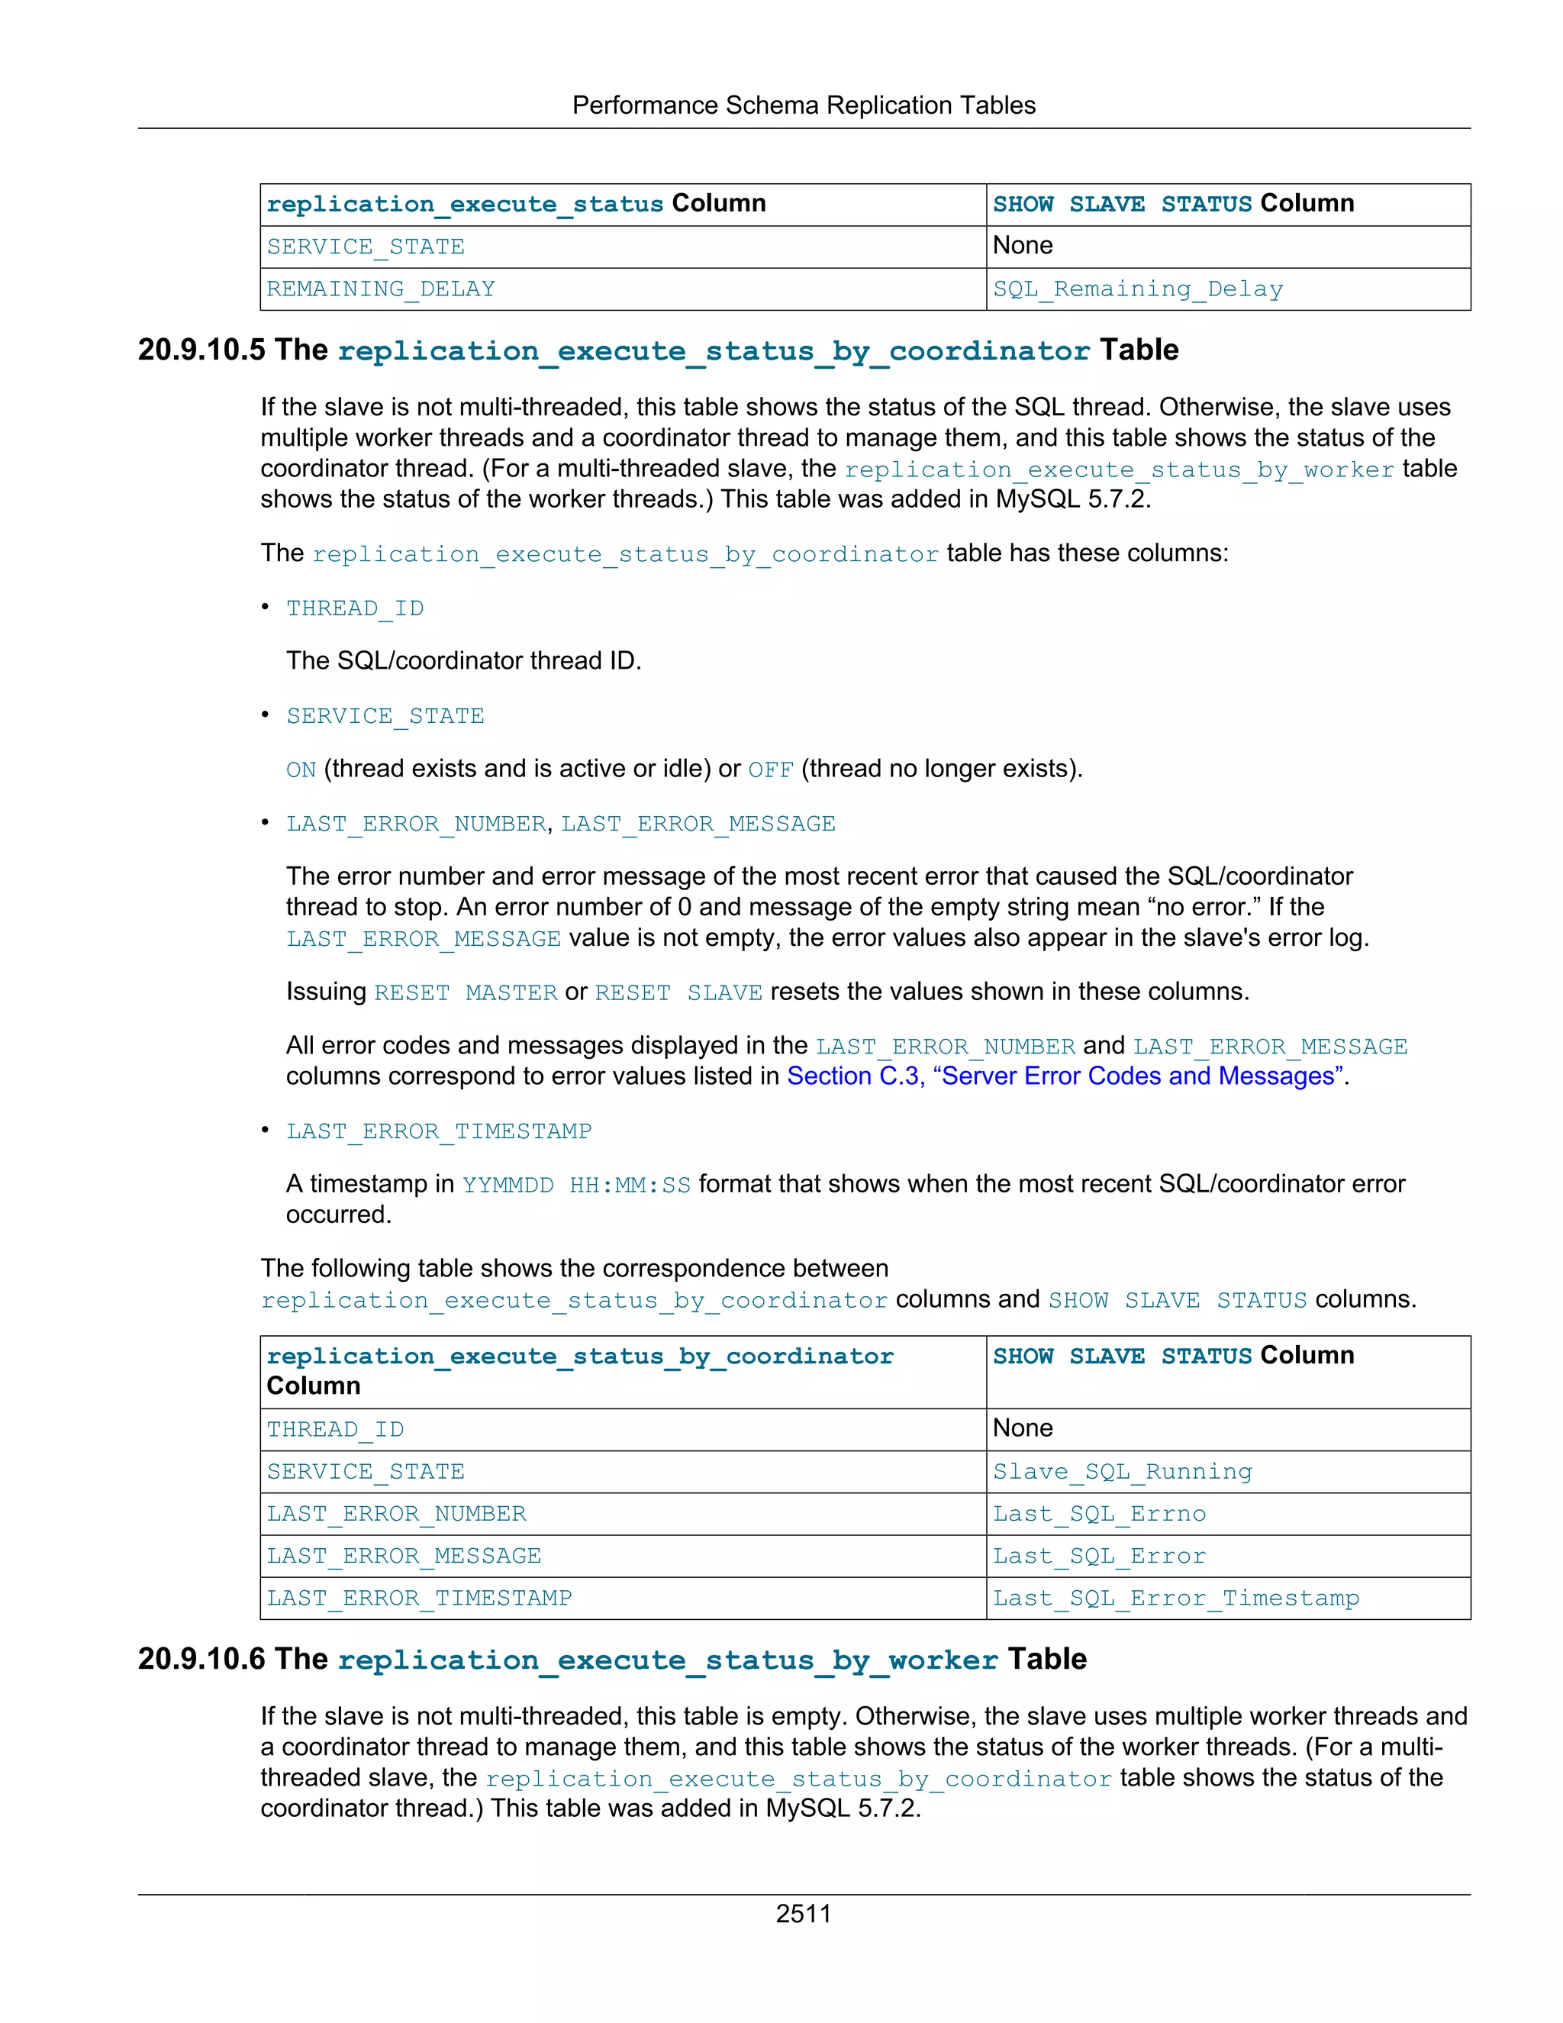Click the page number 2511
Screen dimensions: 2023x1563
click(803, 1913)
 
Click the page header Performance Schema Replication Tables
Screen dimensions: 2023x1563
click(803, 105)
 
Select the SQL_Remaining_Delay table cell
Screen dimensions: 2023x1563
click(1137, 289)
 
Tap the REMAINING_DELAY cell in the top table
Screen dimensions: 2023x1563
click(381, 289)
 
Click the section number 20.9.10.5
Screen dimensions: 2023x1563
click(201, 350)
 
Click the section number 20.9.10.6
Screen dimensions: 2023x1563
click(201, 1659)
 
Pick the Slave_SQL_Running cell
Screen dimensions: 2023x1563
click(1121, 1471)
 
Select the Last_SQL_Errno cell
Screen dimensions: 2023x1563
click(1098, 1514)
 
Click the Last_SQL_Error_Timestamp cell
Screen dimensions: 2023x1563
click(1175, 1598)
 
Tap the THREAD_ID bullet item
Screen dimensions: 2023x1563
click(355, 608)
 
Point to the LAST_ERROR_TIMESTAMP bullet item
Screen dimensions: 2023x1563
click(438, 1131)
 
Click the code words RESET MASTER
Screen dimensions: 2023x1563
click(465, 993)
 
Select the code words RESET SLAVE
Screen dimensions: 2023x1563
click(678, 993)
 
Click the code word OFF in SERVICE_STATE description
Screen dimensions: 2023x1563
click(770, 770)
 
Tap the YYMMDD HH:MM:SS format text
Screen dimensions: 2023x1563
click(576, 1185)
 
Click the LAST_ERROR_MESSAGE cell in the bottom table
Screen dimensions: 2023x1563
click(404, 1556)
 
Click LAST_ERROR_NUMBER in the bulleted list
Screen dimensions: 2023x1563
click(416, 824)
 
